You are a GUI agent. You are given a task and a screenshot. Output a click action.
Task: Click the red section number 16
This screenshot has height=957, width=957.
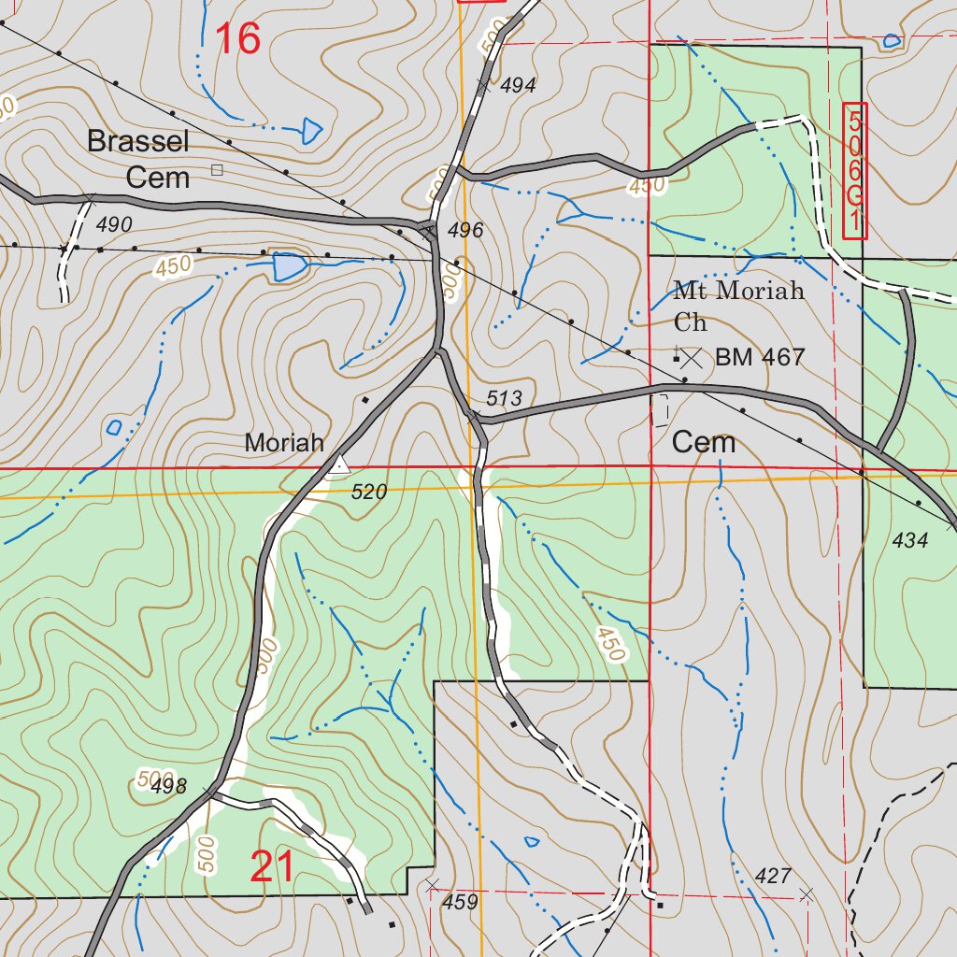pos(237,39)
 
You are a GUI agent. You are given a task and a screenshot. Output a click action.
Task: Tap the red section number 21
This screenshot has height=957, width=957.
pos(273,867)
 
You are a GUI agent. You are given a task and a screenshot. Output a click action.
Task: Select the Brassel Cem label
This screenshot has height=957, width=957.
pos(138,159)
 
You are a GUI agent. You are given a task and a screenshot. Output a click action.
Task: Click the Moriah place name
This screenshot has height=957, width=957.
pos(284,443)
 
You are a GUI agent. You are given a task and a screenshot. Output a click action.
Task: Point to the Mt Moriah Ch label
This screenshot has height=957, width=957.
pos(738,305)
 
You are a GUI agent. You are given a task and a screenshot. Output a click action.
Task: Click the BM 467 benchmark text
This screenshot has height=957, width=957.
pos(759,357)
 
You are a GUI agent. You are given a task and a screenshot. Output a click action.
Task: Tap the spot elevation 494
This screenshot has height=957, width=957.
pos(519,86)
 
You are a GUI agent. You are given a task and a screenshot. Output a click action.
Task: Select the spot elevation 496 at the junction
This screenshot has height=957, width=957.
pos(465,231)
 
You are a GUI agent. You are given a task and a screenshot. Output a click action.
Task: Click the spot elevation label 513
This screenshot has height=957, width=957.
pos(504,399)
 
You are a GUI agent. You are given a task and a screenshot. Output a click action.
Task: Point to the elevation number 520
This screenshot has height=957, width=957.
pos(369,492)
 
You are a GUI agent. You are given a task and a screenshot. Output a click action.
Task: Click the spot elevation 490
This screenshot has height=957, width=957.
pos(113,224)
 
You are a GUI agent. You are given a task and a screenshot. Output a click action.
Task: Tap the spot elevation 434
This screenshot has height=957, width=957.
pos(910,539)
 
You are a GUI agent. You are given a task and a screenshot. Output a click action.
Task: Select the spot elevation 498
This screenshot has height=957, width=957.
pos(168,786)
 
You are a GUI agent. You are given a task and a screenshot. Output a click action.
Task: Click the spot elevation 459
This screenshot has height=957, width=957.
pos(460,902)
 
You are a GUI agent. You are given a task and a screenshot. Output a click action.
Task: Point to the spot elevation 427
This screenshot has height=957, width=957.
pos(772,876)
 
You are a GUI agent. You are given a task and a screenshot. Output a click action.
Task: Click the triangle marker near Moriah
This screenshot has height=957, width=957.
pos(340,464)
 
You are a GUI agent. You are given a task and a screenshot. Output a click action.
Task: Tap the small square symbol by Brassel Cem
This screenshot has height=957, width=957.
pos(217,169)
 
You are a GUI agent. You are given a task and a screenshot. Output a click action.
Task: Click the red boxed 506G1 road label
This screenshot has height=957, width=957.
pos(854,170)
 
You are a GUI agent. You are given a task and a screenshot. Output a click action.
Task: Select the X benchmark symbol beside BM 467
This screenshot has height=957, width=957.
pos(692,357)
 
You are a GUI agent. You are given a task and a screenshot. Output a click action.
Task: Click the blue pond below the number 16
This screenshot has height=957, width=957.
pos(311,131)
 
